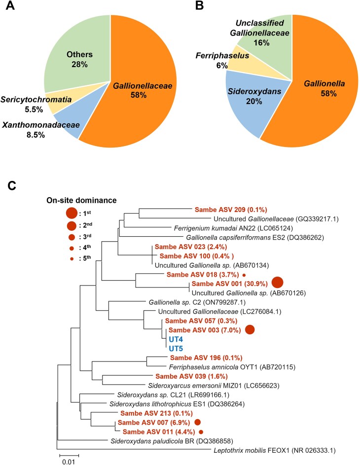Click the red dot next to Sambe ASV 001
pos(277,283)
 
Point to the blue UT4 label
pos(176,339)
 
